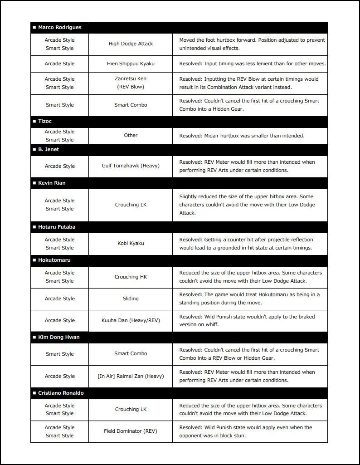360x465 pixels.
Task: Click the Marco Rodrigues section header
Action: (x=60, y=28)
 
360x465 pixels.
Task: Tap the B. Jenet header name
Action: (x=49, y=149)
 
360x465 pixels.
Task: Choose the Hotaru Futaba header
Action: (x=57, y=227)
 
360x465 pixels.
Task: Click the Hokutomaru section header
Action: (x=54, y=260)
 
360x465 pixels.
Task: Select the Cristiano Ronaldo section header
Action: (x=61, y=393)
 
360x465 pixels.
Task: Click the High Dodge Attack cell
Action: (x=131, y=44)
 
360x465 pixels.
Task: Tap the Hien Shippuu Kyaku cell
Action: (x=131, y=64)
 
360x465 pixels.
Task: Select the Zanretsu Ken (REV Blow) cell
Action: (x=131, y=83)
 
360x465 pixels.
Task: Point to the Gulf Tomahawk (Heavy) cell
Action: (x=131, y=166)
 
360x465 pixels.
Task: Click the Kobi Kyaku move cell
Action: (x=131, y=244)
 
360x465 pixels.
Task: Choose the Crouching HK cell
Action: (x=131, y=277)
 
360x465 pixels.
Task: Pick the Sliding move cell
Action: (x=131, y=299)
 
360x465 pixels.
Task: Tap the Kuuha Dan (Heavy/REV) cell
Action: (x=131, y=321)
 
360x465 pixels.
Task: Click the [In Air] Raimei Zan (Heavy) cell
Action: (x=131, y=376)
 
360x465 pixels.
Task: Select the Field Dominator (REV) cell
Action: (x=131, y=431)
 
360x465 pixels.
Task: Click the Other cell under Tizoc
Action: (x=131, y=136)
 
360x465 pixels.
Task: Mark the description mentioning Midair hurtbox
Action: (x=242, y=136)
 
